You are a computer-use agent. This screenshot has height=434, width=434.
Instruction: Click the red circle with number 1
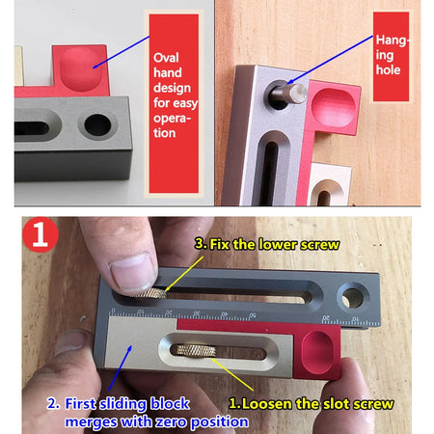coord(41,234)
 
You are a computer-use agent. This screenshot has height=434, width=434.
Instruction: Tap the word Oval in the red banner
coord(166,58)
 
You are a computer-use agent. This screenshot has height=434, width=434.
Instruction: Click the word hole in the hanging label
coord(388,69)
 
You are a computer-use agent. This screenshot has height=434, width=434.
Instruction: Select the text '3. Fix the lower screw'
coord(267,245)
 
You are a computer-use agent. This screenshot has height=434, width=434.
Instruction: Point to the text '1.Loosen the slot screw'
coord(312,404)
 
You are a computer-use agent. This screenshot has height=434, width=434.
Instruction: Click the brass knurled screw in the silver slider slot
coord(193,350)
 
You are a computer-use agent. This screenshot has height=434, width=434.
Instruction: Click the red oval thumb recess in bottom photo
coord(317,353)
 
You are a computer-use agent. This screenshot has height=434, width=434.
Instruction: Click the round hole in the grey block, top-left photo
coord(97,125)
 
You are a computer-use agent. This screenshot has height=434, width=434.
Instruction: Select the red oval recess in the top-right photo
coord(334,107)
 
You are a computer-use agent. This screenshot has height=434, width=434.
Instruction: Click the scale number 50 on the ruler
coord(253,315)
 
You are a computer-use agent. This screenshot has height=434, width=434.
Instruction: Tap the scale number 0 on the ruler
coord(113,311)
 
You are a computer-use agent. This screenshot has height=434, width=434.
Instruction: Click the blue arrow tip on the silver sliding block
coord(130,346)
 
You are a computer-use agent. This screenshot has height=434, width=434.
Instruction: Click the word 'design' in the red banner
coord(172,88)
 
